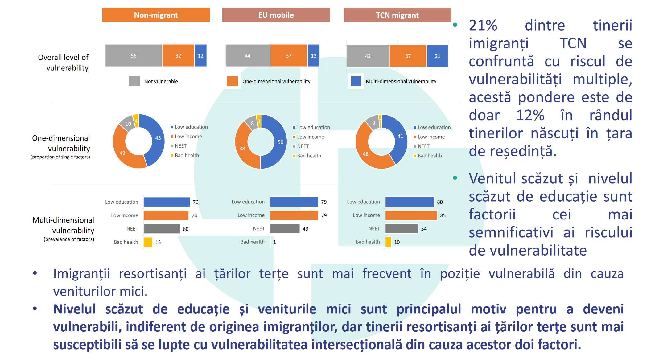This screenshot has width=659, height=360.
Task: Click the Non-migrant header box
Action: tap(156, 15)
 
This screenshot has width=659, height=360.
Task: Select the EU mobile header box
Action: tap(276, 15)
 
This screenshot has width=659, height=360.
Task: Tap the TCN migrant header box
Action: tap(397, 15)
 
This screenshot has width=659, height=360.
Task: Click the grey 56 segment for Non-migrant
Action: tap(134, 56)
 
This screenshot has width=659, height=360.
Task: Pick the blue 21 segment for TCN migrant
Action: tap(437, 56)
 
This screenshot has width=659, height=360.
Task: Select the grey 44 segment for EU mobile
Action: tap(248, 56)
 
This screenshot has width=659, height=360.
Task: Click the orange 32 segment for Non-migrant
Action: tap(178, 56)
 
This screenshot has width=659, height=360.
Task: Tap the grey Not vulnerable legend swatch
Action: tap(134, 81)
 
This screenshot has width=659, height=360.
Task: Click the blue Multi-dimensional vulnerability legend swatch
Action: tap(356, 81)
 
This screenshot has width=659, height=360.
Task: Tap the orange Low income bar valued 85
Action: tap(411, 215)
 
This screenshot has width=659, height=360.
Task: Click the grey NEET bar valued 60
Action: tap(162, 229)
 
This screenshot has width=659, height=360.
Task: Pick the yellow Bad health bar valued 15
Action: tap(148, 242)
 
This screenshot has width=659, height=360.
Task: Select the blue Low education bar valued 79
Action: tap(294, 202)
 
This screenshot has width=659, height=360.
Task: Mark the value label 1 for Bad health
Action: tap(274, 242)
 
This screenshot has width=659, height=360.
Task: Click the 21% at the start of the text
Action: tap(483, 26)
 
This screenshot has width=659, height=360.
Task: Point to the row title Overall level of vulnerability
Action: tap(63, 63)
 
